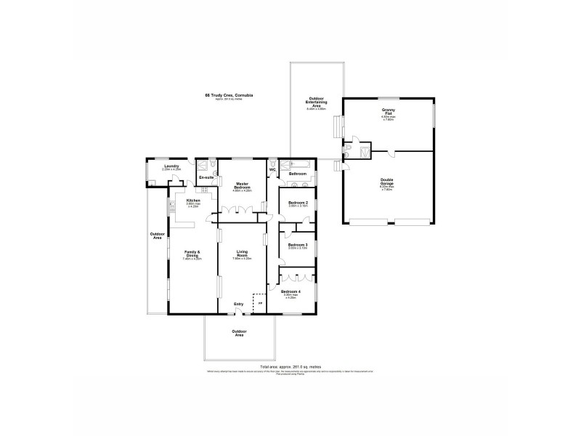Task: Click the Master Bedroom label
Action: pos(243,185)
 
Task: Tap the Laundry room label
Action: pos(171,166)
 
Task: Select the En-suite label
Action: pos(206,177)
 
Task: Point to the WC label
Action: pos(272,170)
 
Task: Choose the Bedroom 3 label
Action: pos(298,245)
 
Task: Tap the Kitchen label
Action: pos(193,201)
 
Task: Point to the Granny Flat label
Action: pos(388,112)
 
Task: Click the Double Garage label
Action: pos(387,183)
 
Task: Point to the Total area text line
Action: pos(290,367)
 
